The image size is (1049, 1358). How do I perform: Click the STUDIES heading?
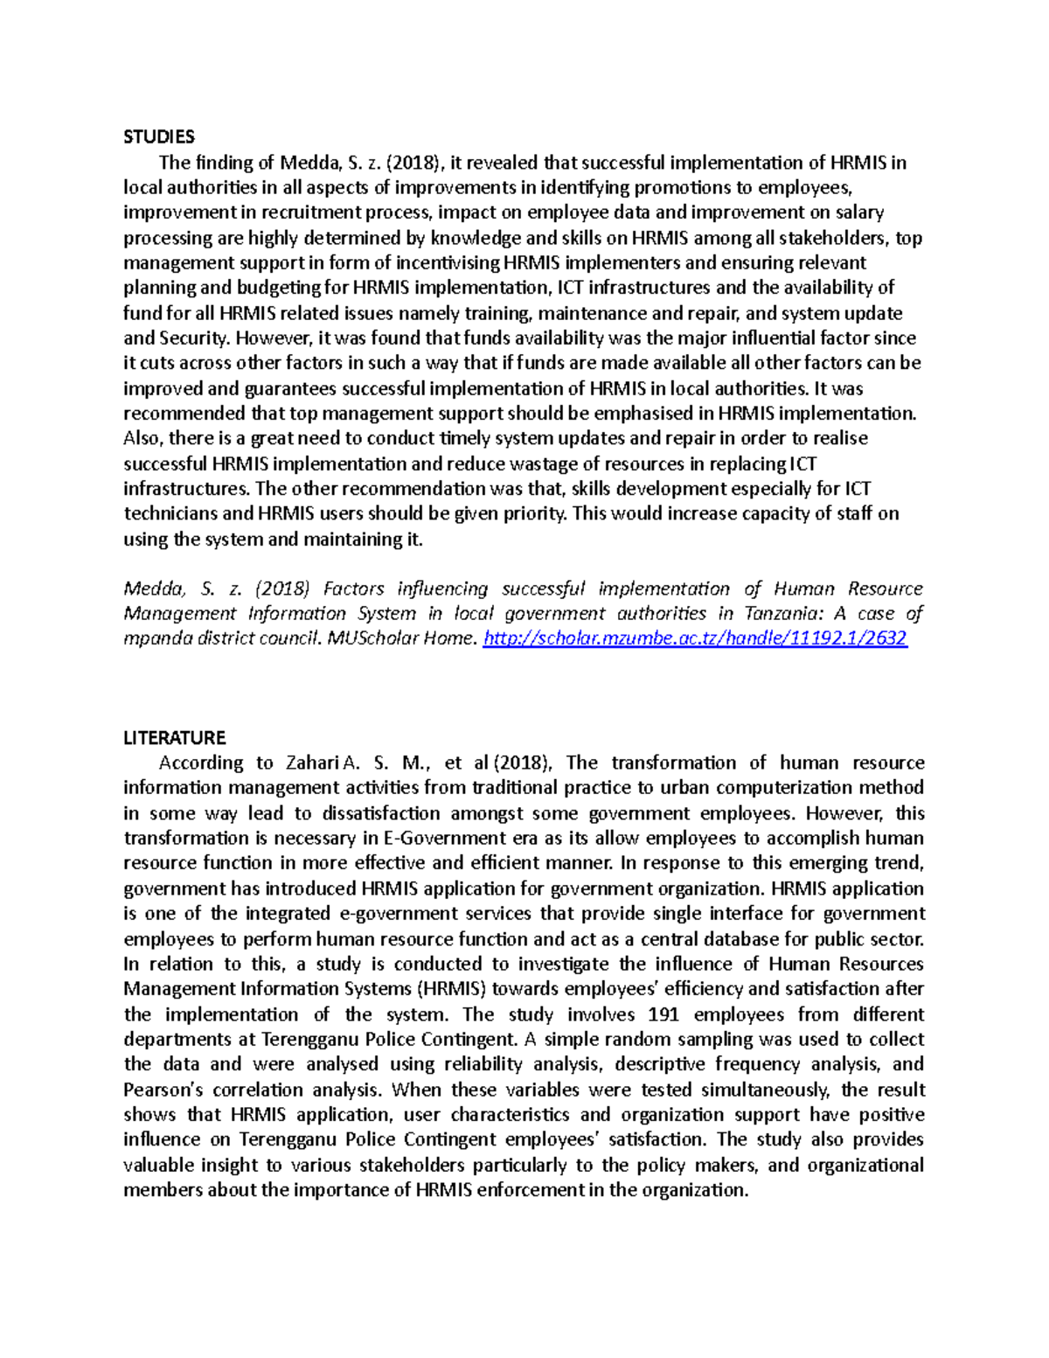(158, 136)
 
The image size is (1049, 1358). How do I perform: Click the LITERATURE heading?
(174, 737)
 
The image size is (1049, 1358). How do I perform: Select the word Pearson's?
(163, 1090)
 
